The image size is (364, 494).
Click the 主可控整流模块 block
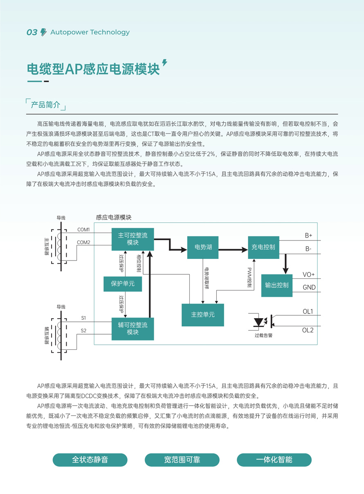[133, 239]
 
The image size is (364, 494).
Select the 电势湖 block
[202, 247]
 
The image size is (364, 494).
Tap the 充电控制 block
[263, 247]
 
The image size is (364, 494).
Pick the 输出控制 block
[277, 285]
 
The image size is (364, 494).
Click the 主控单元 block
[202, 314]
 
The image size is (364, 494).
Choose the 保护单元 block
[123, 283]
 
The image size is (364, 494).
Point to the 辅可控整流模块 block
[133, 329]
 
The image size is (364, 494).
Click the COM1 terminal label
[84, 229]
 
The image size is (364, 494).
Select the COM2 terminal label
[84, 243]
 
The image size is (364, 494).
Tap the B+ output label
[308, 236]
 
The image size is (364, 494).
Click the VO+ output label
[309, 274]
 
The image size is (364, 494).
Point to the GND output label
[309, 287]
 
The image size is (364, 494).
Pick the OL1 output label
[308, 312]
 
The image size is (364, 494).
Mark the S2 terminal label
[83, 330]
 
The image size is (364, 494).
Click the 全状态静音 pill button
[90, 460]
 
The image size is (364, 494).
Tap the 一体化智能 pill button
[274, 460]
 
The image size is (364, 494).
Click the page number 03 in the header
[32, 33]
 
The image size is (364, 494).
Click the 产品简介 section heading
[45, 105]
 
